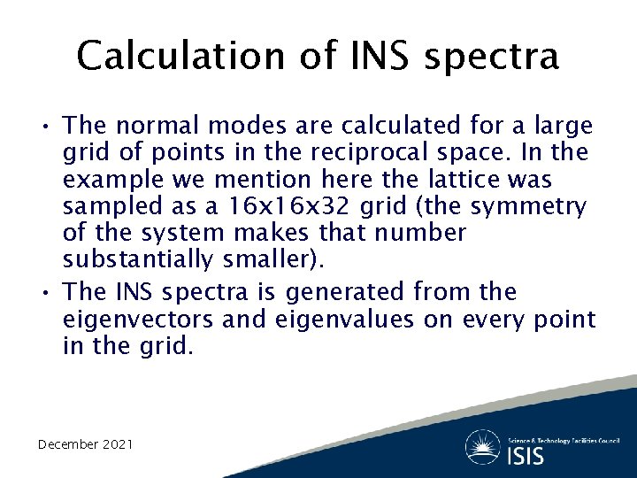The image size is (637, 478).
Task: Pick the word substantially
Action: coord(138,260)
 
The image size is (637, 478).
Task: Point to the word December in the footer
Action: coord(67,443)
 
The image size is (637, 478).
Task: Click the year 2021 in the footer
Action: coord(118,443)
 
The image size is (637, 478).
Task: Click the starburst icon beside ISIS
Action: coord(483,446)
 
